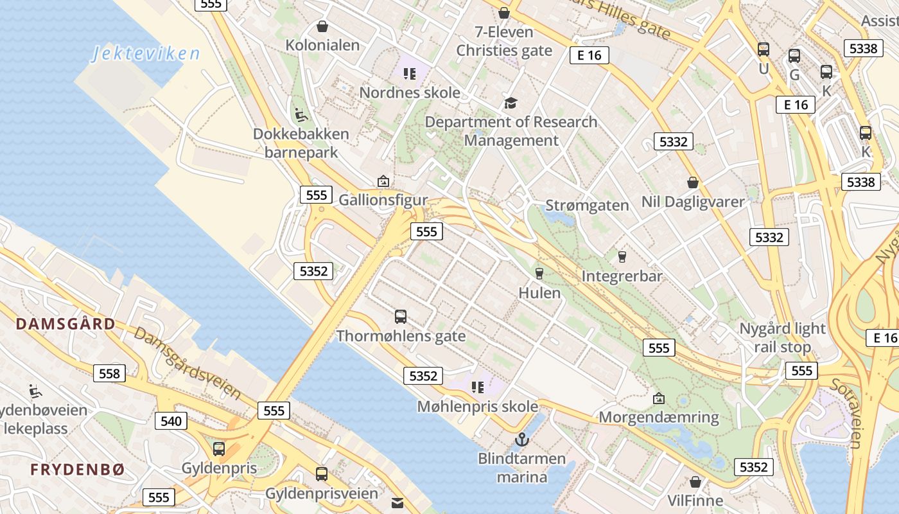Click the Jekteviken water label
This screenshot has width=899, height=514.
[146, 53]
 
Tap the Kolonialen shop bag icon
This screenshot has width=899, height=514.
[322, 26]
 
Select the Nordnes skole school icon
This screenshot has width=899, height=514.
[410, 74]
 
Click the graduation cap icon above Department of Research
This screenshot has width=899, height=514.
[511, 103]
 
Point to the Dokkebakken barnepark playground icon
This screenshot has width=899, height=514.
[301, 115]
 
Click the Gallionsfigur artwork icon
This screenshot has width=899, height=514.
[383, 181]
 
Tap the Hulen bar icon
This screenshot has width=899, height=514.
[539, 274]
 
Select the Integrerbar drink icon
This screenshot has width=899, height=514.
[622, 257]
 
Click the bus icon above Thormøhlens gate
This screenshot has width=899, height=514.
[401, 317]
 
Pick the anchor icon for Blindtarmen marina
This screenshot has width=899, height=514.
[521, 440]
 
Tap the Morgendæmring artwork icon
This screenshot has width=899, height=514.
[659, 398]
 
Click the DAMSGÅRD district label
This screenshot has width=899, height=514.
[65, 323]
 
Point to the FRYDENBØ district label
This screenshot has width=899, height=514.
[77, 470]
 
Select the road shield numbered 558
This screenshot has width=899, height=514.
[109, 373]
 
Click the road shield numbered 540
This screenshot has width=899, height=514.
[171, 421]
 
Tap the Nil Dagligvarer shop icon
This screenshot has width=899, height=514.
[693, 183]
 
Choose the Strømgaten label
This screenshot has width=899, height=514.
[587, 206]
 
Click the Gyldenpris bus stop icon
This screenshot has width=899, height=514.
[219, 449]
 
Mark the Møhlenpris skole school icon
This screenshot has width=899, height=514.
[477, 387]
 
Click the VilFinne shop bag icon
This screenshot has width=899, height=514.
[695, 482]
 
